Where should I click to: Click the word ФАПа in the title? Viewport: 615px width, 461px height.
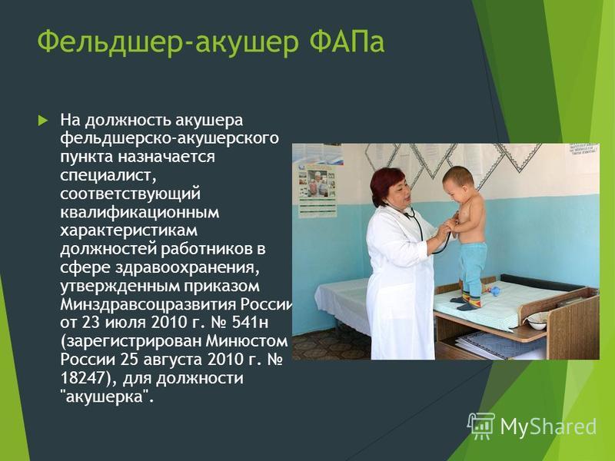coord(347,42)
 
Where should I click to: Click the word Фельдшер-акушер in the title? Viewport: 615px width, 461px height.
coord(168,43)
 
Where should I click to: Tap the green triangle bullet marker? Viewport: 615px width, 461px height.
coord(43,120)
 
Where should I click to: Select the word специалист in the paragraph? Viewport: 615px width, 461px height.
coord(108,175)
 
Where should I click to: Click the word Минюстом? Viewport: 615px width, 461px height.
coord(247,341)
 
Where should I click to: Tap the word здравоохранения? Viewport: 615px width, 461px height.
coord(187,267)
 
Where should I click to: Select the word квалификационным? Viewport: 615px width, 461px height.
coord(140,213)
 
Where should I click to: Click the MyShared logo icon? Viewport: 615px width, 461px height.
coord(481,426)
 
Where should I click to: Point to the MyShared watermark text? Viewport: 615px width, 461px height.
coord(548,426)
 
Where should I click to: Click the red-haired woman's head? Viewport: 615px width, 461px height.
coord(390,187)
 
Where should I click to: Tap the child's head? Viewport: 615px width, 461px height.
coord(459,182)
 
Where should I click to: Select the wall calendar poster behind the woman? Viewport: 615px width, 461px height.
coord(317,191)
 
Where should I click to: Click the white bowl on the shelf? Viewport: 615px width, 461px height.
coord(537,323)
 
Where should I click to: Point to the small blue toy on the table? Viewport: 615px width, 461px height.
coord(495,291)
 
